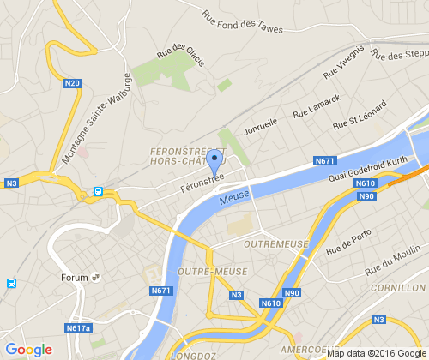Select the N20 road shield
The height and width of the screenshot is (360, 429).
pyautogui.click(x=73, y=83)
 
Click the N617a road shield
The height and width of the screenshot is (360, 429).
pyautogui.click(x=78, y=327)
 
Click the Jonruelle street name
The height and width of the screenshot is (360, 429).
pyautogui.click(x=261, y=128)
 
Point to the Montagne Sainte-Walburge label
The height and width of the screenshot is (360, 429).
pyautogui.click(x=96, y=119)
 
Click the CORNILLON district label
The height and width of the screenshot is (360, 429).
pyautogui.click(x=398, y=289)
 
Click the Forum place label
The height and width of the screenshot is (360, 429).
pyautogui.click(x=76, y=278)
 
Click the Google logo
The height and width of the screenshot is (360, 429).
pyautogui.click(x=28, y=350)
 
